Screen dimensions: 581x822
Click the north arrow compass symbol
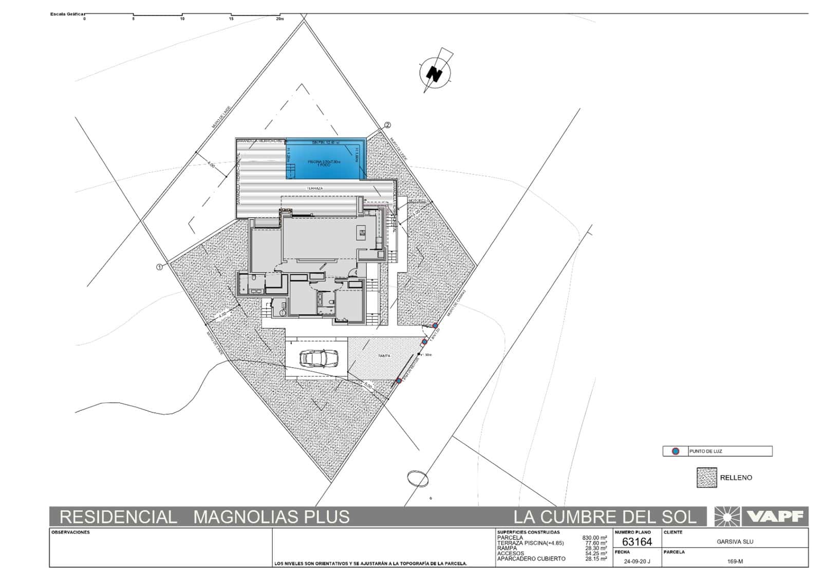(435, 74)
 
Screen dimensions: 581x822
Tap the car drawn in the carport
(319, 358)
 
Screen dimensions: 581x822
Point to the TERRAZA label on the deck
(315, 189)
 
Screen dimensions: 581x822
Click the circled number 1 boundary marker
(159, 267)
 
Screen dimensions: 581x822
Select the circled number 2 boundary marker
(387, 125)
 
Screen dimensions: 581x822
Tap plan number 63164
(637, 541)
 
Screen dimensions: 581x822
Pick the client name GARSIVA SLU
(735, 541)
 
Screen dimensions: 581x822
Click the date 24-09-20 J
(637, 561)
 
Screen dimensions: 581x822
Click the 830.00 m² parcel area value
(594, 538)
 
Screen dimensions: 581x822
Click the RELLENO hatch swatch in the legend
(706, 478)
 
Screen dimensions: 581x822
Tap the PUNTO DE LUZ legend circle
(676, 451)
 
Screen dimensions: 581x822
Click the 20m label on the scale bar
(279, 19)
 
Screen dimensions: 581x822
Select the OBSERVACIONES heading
(70, 532)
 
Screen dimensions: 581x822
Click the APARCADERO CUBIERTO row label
(531, 558)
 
